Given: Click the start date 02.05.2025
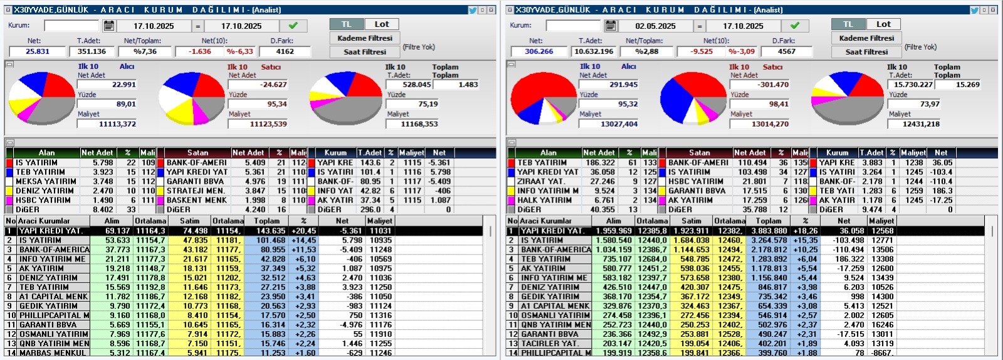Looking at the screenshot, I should pos(655,26).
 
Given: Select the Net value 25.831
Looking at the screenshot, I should pos(38,51).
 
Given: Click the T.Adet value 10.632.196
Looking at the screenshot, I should pos(594,51).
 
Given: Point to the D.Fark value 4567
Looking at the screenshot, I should pos(786,51).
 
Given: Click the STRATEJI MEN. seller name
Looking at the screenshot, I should pos(196,191).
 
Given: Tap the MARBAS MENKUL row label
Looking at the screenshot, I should pos(53,353).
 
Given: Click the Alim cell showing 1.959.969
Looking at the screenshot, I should pos(614,231).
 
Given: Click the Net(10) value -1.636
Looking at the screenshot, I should pos(200,51).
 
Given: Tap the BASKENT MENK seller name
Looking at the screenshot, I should pos(197,200).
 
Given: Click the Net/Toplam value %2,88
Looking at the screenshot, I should pos(646,51).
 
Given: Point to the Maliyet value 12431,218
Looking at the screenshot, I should pos(921,124).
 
